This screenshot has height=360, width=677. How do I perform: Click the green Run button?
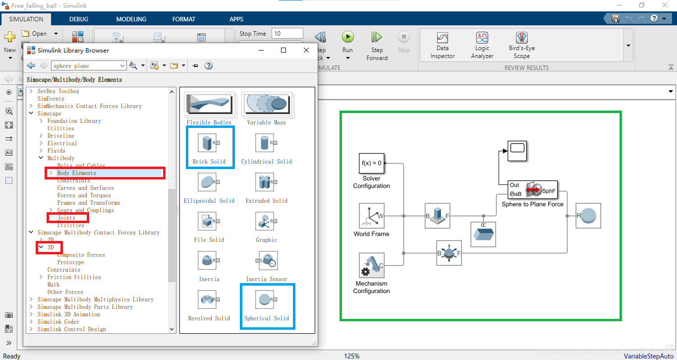(347, 37)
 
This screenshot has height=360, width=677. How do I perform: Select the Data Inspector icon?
(442, 38)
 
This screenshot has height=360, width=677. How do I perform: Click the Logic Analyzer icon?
(482, 38)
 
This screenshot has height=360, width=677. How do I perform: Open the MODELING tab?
(131, 19)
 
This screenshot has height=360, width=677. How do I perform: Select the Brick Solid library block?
(209, 144)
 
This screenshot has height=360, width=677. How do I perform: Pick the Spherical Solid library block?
(266, 300)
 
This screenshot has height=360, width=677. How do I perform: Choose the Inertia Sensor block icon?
(266, 261)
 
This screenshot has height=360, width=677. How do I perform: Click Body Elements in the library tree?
(77, 173)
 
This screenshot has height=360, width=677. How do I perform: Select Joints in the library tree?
(66, 218)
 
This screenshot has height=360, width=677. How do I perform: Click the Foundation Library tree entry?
(74, 121)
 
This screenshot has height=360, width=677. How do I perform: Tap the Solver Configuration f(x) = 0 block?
(372, 163)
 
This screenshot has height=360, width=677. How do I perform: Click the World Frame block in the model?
(372, 216)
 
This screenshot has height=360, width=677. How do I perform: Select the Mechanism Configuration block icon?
(372, 265)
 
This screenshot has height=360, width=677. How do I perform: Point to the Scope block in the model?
(517, 151)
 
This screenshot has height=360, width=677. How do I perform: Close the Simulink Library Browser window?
(306, 50)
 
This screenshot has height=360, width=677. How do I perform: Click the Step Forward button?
(377, 38)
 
